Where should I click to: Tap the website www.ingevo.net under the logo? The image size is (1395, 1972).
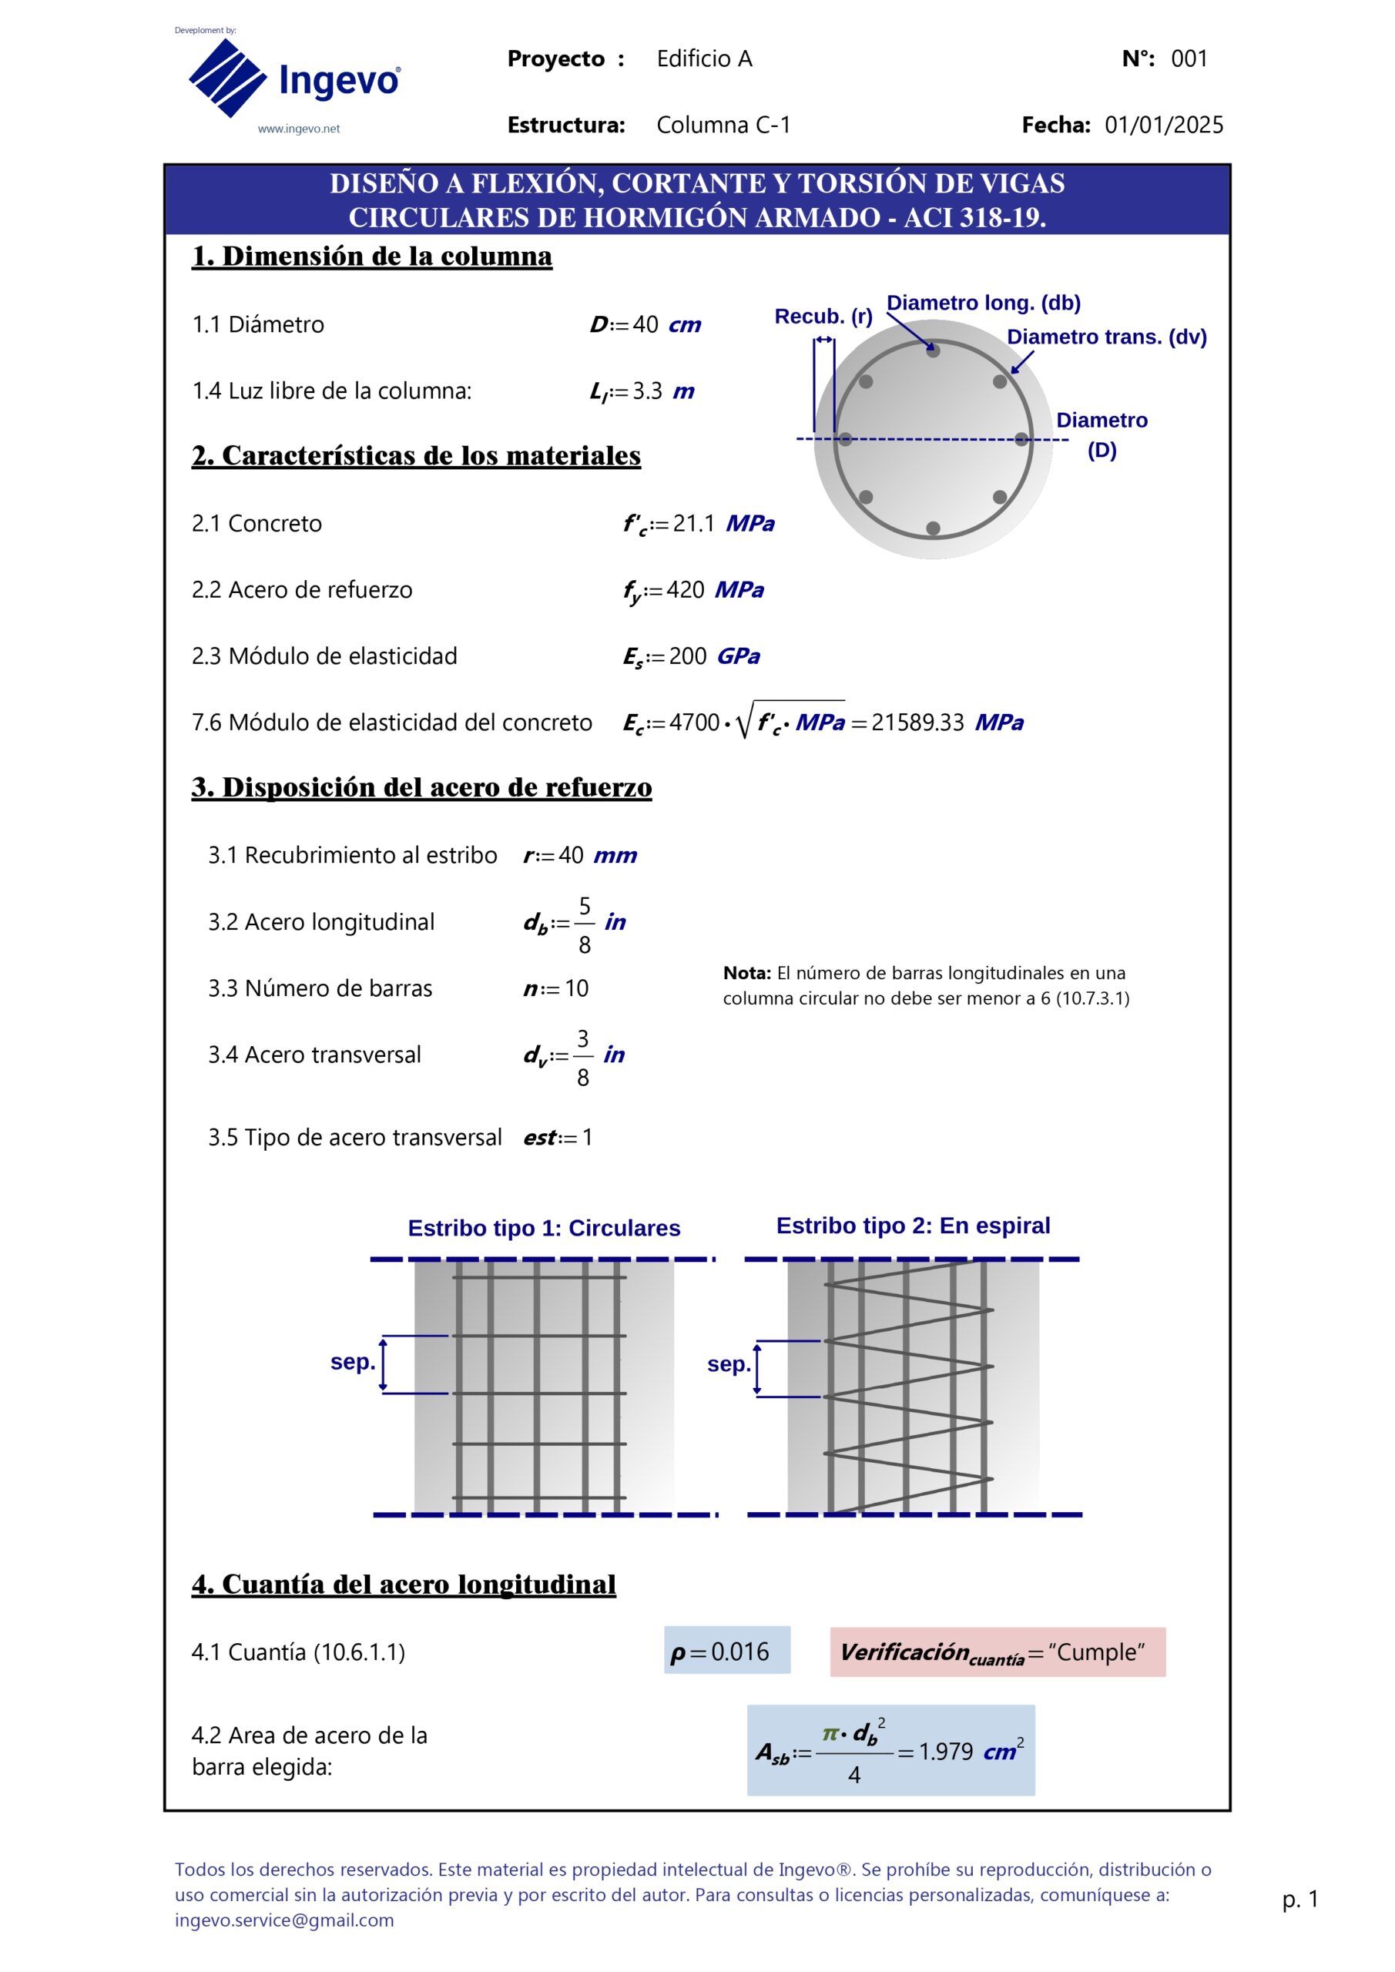298,129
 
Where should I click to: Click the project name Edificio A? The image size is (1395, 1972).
704,59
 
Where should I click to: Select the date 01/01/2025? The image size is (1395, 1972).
1163,126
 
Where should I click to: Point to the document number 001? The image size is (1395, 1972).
1189,59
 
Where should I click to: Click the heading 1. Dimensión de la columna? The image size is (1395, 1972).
371,256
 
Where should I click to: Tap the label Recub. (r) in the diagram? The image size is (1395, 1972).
823,316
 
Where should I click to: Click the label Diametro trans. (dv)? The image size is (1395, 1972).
1106,337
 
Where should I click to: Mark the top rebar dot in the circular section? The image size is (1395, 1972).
933,350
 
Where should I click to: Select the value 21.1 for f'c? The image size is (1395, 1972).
693,523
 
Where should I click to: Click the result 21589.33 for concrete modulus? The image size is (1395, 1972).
917,723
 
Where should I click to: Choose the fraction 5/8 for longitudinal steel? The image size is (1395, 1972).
584,925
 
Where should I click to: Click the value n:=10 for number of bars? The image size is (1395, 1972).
557,988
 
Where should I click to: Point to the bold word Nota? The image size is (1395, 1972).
746,973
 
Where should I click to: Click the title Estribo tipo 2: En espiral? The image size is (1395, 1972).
912,1226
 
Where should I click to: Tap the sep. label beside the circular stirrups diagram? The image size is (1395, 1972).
352,1362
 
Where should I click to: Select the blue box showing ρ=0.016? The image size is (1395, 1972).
726,1651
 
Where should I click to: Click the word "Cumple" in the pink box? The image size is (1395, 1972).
1097,1652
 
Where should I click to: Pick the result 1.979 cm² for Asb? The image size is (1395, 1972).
946,1751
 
